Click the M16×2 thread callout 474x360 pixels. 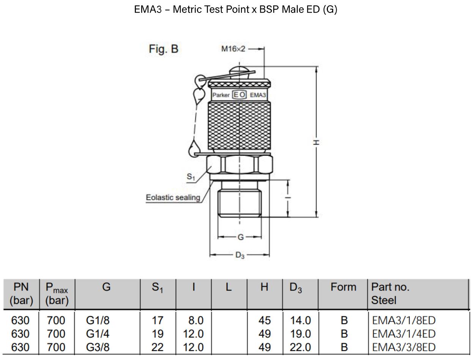233,49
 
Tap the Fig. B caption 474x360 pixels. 164,49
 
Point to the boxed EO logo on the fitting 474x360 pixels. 239,95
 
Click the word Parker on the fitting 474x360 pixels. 221,95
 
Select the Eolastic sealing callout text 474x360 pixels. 173,198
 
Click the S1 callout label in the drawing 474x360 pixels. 191,177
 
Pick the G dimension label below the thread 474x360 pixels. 241,237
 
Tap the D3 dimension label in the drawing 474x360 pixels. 240,255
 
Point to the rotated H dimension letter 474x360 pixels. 316,142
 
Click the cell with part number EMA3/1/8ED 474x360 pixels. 403,320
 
